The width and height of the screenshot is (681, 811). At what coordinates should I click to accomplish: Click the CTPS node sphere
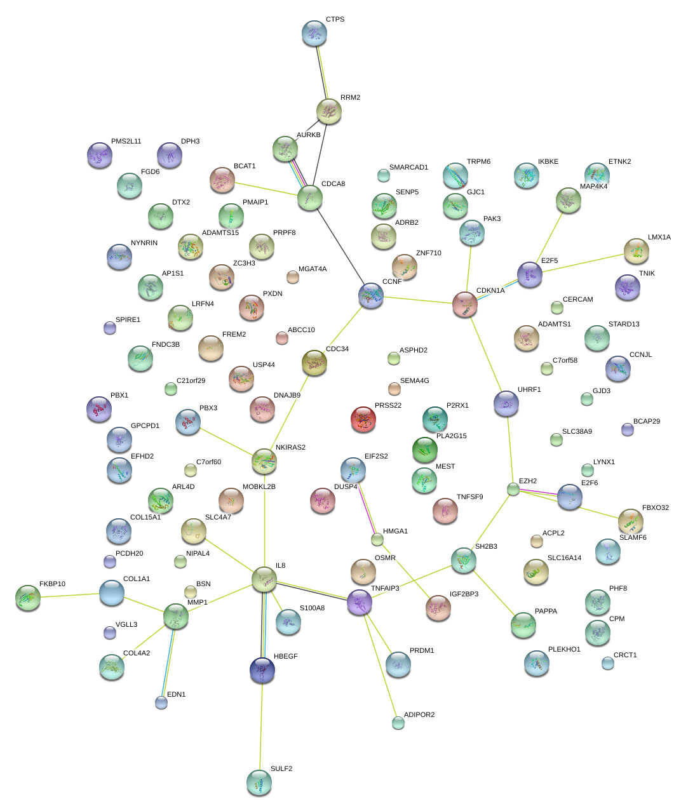[314, 33]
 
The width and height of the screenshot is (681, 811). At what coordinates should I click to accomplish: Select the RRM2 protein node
[329, 111]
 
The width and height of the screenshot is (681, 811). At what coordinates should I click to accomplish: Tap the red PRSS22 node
[363, 419]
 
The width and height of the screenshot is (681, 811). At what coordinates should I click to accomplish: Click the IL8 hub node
[264, 579]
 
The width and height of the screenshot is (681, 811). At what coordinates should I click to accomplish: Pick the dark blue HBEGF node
[262, 669]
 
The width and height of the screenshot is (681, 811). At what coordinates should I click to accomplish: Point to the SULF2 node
[259, 782]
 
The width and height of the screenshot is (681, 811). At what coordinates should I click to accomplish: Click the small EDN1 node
[161, 702]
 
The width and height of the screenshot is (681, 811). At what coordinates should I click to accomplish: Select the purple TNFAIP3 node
[360, 602]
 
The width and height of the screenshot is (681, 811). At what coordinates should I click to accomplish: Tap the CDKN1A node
[465, 304]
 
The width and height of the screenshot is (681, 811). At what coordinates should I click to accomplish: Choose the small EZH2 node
[513, 489]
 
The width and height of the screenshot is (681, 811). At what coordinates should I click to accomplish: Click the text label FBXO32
[655, 507]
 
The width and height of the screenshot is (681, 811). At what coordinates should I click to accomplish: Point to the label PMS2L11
[126, 141]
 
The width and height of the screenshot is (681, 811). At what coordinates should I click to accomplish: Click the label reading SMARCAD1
[408, 168]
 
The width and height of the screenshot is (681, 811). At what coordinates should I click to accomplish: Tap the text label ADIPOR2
[419, 714]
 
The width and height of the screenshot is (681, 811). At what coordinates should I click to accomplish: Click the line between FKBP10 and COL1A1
[70, 596]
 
